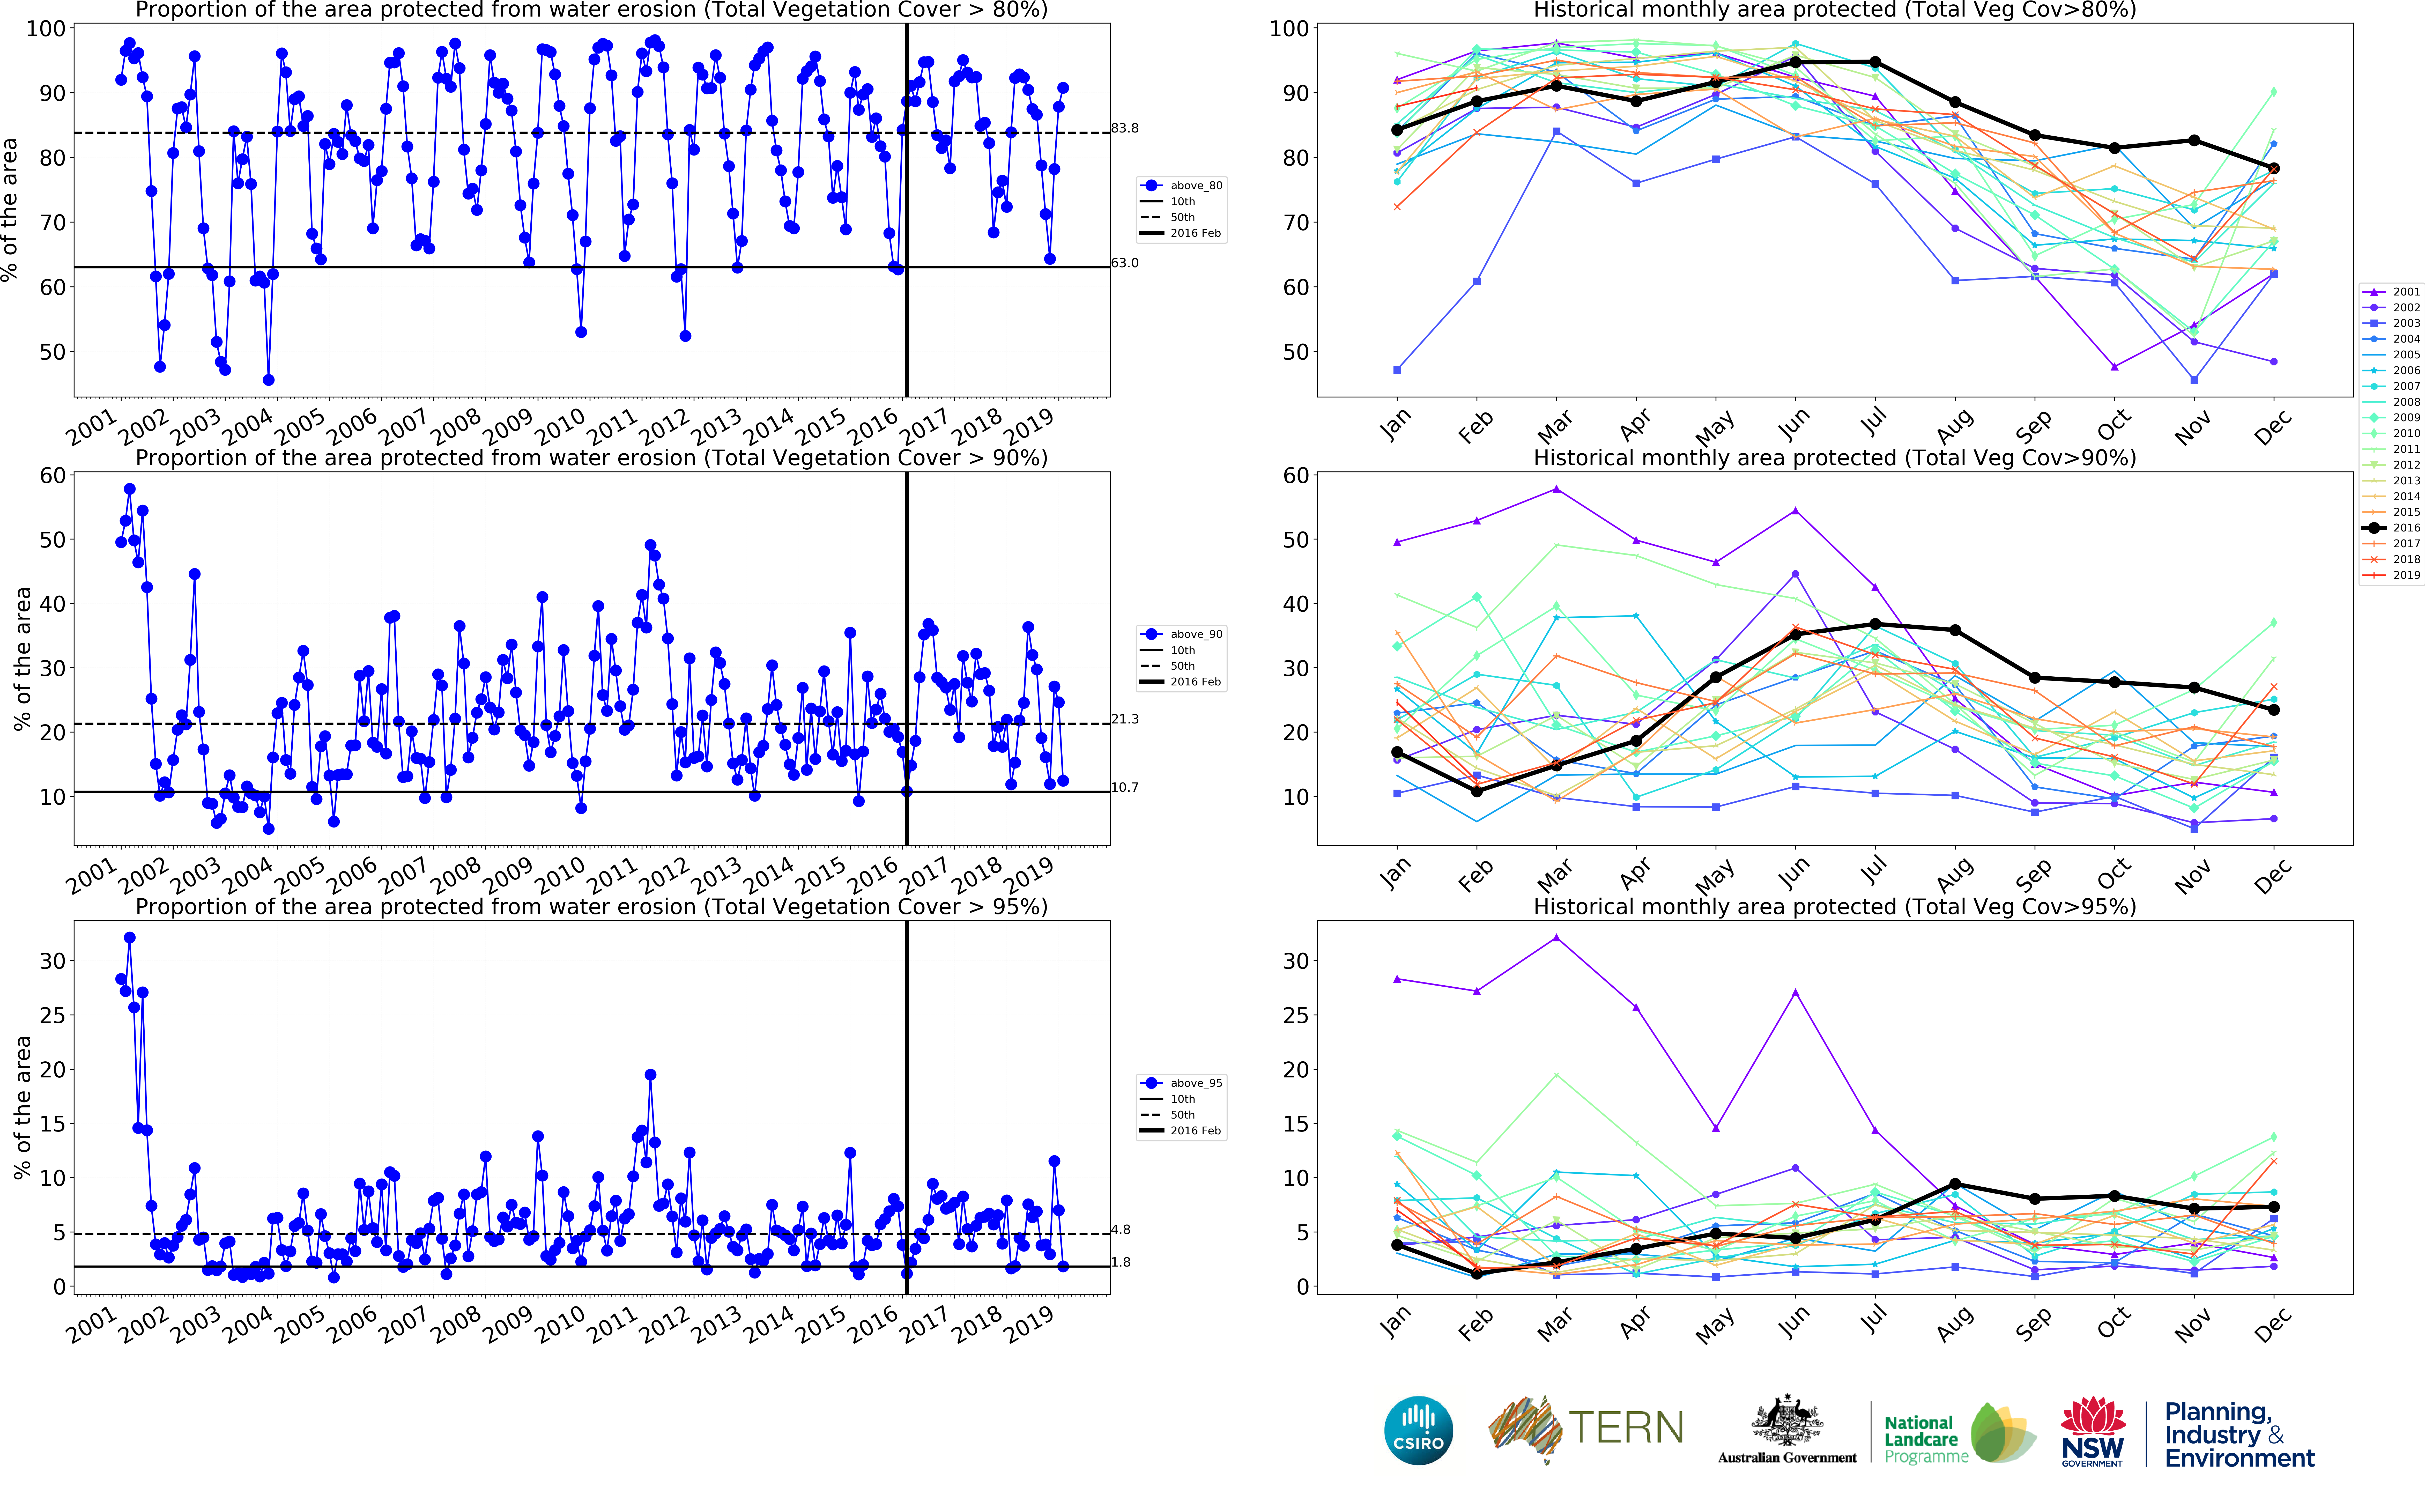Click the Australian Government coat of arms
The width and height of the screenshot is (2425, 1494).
tap(1786, 1423)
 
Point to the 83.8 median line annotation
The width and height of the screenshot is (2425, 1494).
tap(1124, 128)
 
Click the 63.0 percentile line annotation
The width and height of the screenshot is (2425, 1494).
tap(1124, 263)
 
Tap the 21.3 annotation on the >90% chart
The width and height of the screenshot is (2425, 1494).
tap(1124, 719)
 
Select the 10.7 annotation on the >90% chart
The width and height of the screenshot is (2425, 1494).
tap(1124, 788)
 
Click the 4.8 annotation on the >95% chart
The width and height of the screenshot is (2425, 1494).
tap(1120, 1230)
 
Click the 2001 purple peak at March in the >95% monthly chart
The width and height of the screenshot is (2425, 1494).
tap(1557, 938)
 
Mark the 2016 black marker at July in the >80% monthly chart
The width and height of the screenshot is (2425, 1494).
tap(1875, 62)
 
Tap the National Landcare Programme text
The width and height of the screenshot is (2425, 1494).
tap(1924, 1440)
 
